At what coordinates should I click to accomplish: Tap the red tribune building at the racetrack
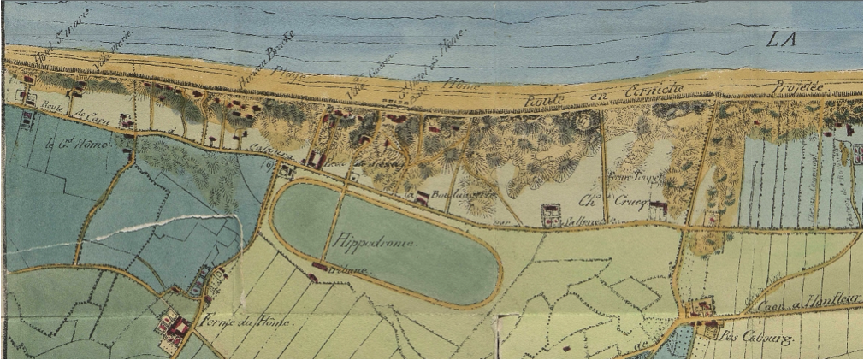click(x=318, y=267)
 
